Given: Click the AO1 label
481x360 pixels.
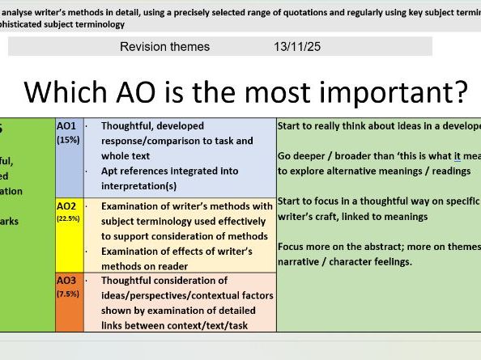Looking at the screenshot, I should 66,127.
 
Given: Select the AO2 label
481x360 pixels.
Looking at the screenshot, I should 66,205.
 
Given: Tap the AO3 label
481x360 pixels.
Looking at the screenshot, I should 66,281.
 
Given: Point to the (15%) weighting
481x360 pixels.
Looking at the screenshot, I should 68,140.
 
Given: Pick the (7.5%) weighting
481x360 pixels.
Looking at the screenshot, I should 68,294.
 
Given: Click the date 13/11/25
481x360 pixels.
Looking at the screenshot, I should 297,47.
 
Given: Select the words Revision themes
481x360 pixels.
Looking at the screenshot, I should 164,47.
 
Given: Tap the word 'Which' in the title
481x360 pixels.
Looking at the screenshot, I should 62,91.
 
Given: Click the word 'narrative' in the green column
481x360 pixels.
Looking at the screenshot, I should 300,261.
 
